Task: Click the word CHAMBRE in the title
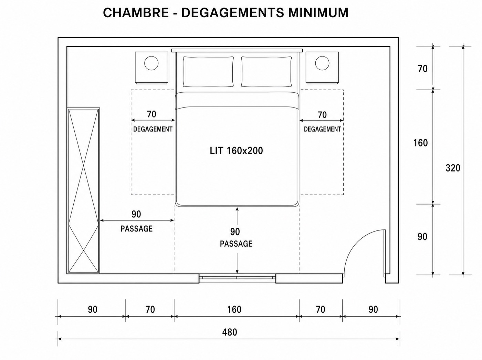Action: pos(136,12)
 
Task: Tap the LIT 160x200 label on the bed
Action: pos(236,151)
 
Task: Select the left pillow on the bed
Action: pos(208,72)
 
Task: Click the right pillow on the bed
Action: pos(266,72)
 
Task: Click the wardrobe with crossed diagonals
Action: pos(83,191)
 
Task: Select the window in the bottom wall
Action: pos(237,278)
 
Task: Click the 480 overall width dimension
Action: pos(230,332)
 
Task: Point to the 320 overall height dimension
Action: pos(453,168)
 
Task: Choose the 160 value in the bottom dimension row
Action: pos(234,309)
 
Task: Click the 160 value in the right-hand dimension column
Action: pos(420,143)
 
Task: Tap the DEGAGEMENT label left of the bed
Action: pos(153,129)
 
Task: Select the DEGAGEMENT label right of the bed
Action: pos(322,129)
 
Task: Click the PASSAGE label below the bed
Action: pos(236,244)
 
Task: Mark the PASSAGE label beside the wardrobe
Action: pos(137,229)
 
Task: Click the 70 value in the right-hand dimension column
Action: pos(423,69)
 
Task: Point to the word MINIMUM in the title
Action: pos(318,12)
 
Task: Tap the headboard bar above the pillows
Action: pos(237,51)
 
